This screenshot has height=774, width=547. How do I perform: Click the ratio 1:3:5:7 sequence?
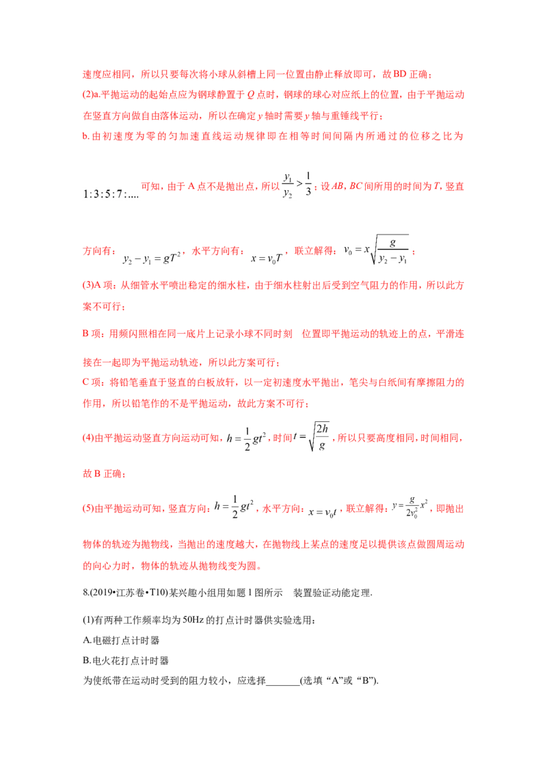111,194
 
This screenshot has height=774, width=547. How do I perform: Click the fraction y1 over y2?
287,185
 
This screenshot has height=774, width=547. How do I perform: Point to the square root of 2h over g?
319,436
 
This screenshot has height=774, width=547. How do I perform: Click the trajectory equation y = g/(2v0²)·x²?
410,507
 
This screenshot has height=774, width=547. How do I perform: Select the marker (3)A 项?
98,285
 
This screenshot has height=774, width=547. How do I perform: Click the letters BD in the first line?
400,74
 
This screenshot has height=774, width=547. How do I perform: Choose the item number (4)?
88,438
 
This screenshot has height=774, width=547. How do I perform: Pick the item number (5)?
88,509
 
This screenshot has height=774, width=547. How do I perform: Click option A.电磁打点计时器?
121,640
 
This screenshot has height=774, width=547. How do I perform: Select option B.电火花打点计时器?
126,660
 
